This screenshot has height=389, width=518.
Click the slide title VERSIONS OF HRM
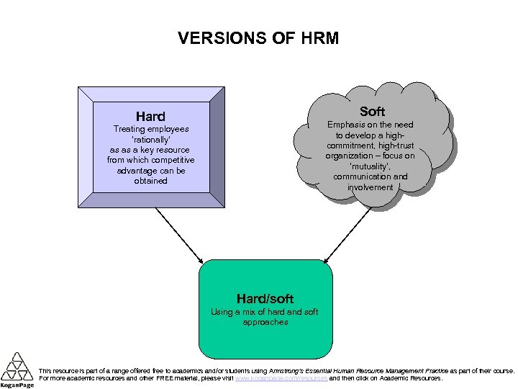258,38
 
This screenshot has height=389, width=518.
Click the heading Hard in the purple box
150,116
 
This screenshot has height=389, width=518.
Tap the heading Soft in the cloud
372,111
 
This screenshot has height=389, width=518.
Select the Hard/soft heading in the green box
265,298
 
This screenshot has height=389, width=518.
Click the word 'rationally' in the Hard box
150,139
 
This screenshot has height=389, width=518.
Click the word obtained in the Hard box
150,181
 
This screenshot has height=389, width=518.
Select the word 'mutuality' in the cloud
369,166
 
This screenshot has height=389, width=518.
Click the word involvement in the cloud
370,187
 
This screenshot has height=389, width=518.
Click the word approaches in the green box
265,323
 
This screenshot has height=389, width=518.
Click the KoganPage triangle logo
16,367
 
